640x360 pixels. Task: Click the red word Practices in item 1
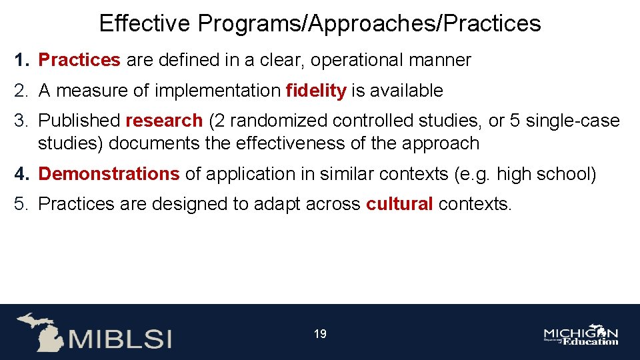[79, 60]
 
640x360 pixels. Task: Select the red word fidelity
[316, 91]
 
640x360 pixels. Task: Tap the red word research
[164, 121]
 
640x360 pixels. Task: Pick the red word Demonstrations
[109, 174]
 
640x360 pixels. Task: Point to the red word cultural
[399, 204]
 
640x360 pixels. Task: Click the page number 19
[320, 334]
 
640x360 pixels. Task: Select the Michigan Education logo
[581, 335]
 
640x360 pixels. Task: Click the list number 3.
[21, 121]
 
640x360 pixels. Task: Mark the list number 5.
[21, 204]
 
